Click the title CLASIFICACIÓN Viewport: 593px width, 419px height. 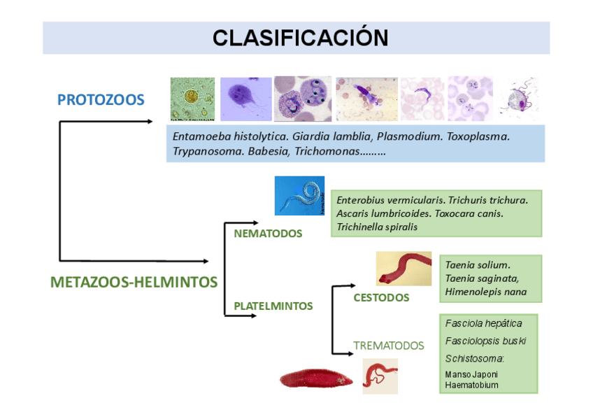pos(300,37)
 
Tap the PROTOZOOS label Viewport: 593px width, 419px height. pos(101,100)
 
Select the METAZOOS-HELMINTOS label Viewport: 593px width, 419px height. pos(134,283)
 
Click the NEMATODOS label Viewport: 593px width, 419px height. pos(268,234)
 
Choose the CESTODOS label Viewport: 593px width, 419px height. pos(381,297)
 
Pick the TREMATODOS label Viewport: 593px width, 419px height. pos(388,346)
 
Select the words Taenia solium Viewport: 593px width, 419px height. pos(478,265)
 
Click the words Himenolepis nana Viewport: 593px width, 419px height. pos(485,292)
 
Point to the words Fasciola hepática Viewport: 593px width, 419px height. pos(483,323)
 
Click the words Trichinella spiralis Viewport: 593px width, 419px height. pos(377,227)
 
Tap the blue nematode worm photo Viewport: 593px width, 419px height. pos(299,195)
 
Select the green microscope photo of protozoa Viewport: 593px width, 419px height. pos(192,99)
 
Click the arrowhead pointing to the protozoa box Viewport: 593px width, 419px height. pos(149,121)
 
